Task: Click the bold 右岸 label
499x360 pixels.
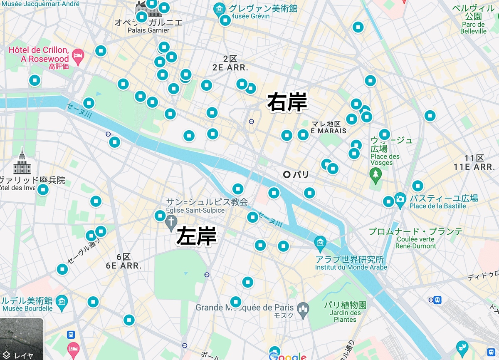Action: pyautogui.click(x=287, y=102)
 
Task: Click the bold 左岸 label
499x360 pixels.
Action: pyautogui.click(x=196, y=236)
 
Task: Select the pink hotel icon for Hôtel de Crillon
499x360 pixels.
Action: pyautogui.click(x=78, y=55)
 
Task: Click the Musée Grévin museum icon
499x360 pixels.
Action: pyautogui.click(x=219, y=8)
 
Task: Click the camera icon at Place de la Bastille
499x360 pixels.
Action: pyautogui.click(x=400, y=199)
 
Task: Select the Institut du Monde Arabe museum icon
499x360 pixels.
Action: pyautogui.click(x=320, y=243)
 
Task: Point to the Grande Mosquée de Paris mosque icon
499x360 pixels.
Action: pyautogui.click(x=303, y=308)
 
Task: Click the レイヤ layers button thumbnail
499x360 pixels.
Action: pyautogui.click(x=22, y=339)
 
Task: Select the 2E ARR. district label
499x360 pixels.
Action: pyautogui.click(x=230, y=67)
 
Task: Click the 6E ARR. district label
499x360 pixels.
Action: pyautogui.click(x=124, y=265)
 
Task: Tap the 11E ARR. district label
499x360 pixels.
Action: pyautogui.click(x=474, y=167)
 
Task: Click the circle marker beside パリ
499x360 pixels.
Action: pyautogui.click(x=286, y=175)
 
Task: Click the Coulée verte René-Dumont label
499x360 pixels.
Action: pyautogui.click(x=416, y=243)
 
